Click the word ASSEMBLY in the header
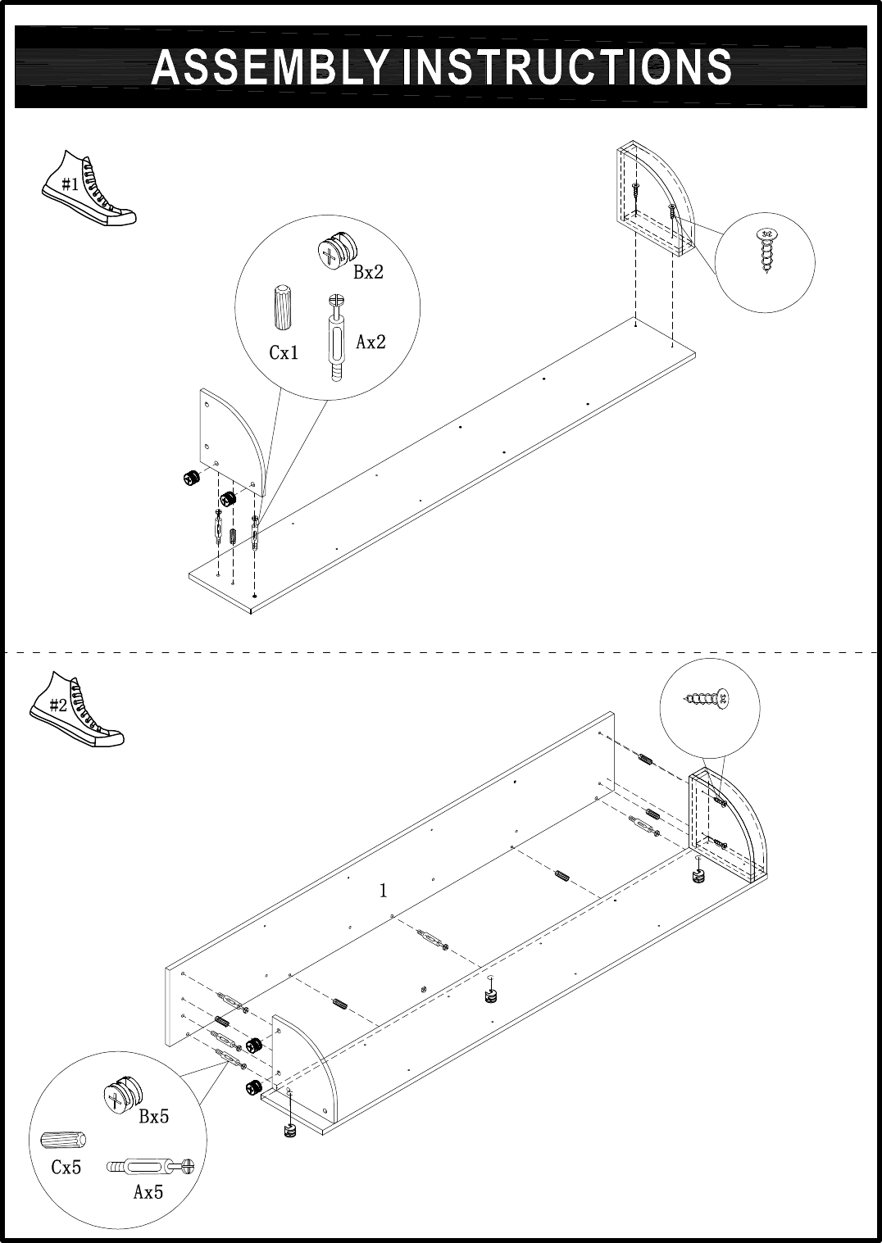point(270,67)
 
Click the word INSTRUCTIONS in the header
point(566,67)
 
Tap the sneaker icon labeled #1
point(89,188)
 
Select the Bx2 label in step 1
point(369,272)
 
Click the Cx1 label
point(284,352)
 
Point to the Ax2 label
point(371,342)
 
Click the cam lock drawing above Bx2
point(338,251)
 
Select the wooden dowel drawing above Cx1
point(283,308)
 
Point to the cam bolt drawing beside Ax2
point(336,338)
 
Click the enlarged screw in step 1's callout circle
point(767,252)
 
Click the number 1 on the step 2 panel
point(383,891)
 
